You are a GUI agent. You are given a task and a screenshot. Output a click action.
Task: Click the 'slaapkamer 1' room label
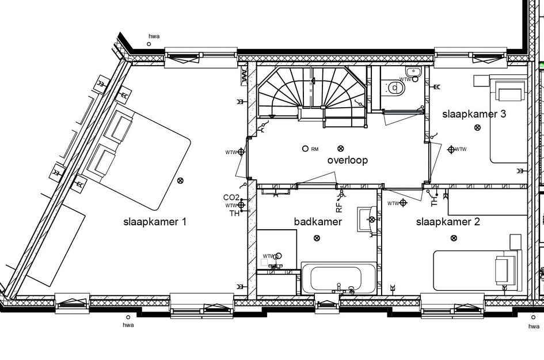(x=154, y=222)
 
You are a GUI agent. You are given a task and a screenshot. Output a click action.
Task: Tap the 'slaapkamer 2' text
(x=447, y=222)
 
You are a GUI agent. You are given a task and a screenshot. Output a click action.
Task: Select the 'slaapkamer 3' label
(x=474, y=114)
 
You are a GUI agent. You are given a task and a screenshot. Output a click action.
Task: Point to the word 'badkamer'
(x=318, y=222)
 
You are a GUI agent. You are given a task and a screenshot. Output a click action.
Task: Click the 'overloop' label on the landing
(x=347, y=160)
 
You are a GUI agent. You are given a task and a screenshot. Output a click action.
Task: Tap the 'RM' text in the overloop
(x=314, y=150)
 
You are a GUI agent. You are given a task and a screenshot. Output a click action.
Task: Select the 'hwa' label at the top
(x=154, y=36)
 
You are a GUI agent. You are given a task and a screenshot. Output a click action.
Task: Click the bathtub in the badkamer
(x=338, y=277)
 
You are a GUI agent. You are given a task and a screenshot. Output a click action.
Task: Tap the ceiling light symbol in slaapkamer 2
(x=454, y=238)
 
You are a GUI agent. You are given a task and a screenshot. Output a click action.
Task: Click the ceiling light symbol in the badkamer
(x=315, y=238)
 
